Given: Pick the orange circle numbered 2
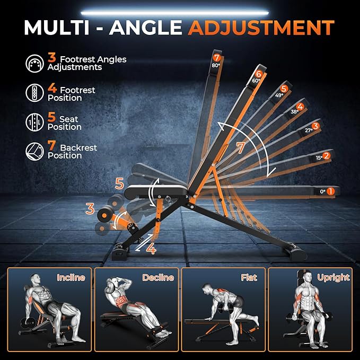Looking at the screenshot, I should (x=327, y=156).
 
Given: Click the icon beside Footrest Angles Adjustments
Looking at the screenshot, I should (x=34, y=64).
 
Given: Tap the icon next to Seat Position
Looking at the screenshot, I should (x=34, y=122).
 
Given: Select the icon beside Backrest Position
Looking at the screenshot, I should (x=34, y=151).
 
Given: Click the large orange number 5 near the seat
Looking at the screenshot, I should (x=119, y=184).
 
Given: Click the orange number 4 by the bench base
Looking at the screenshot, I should (x=152, y=248).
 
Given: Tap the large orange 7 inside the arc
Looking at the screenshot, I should (x=241, y=148).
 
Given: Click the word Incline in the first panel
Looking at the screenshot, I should (x=71, y=277).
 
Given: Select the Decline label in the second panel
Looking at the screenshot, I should (x=157, y=277).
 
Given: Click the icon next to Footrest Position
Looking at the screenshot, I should (x=34, y=93).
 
